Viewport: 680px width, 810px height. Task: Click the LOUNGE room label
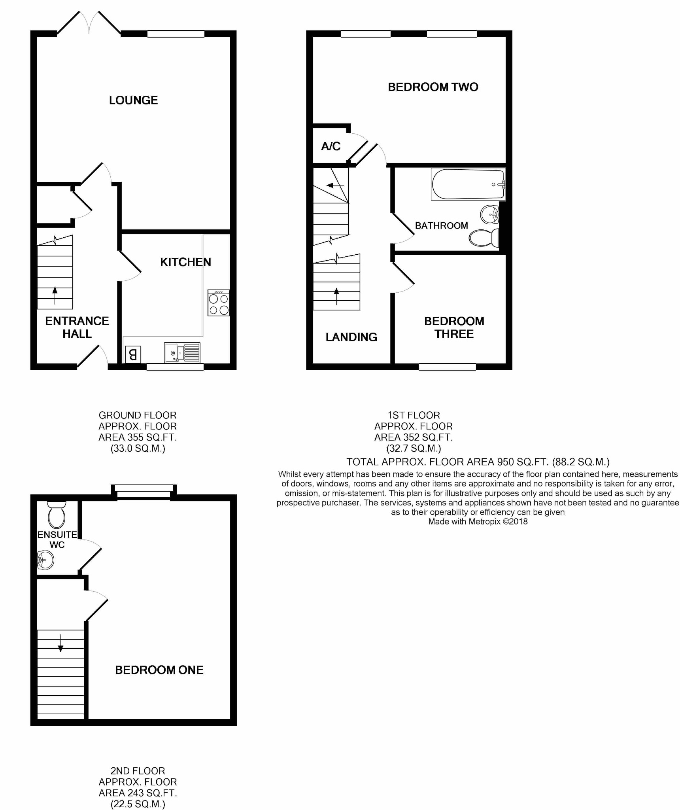(133, 100)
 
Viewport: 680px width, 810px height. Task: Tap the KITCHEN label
(185, 262)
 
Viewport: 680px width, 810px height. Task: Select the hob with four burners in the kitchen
(219, 303)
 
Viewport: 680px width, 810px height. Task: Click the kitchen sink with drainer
(182, 352)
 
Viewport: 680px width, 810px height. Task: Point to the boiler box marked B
(133, 354)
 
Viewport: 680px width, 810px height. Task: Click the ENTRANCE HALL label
(77, 327)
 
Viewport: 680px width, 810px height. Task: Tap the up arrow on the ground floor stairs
(55, 296)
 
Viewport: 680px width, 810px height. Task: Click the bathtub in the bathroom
(468, 184)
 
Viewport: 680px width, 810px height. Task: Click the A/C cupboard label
(331, 147)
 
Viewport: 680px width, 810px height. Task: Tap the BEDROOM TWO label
(433, 87)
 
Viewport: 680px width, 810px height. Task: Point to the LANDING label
(351, 337)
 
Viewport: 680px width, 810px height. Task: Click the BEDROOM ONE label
(159, 670)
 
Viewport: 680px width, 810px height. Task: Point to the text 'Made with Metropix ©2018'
(478, 522)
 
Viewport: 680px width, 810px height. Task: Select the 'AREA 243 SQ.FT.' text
(138, 793)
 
